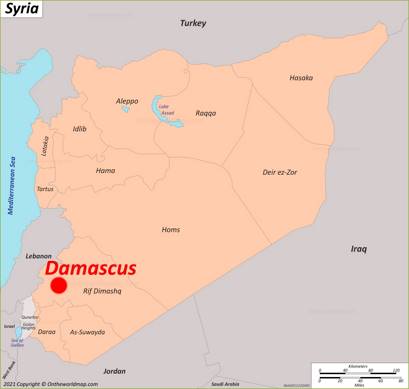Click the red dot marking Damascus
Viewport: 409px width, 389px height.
pos(59,286)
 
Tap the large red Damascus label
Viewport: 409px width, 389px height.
pos(90,268)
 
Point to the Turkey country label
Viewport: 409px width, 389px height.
pos(192,22)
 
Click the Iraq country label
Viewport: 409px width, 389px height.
pos(359,248)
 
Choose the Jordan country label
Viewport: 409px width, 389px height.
pos(114,370)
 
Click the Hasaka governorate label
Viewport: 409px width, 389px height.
pos(301,77)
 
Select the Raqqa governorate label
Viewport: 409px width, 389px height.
pos(206,113)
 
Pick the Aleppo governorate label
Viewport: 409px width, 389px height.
pos(127,101)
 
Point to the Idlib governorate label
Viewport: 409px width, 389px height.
pos(80,128)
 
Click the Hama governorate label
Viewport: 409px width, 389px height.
pos(106,170)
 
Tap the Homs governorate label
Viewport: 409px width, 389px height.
pos(171,230)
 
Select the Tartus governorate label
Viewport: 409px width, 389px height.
pos(45,189)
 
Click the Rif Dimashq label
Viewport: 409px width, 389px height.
pos(102,292)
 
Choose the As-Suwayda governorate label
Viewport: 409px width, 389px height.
pos(86,331)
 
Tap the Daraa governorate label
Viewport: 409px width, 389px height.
pos(47,331)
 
